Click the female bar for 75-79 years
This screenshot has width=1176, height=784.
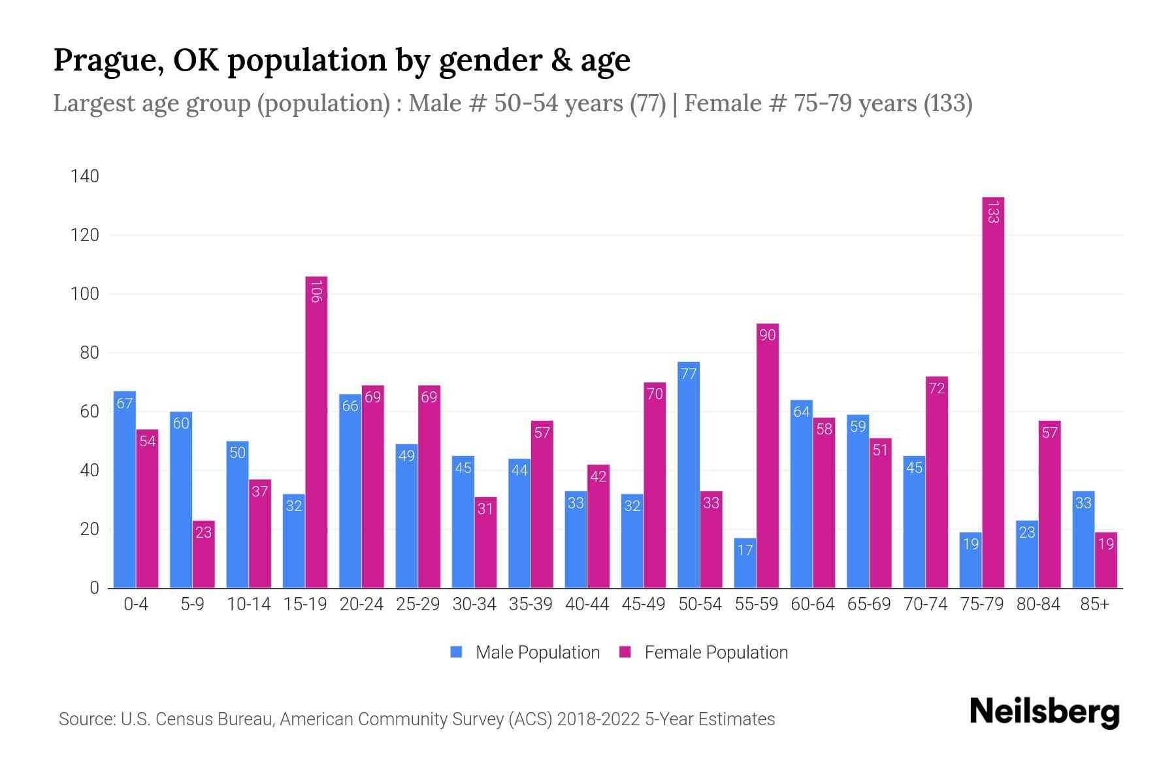992,392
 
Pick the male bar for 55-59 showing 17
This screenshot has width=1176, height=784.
745,563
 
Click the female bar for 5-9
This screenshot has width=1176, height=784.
204,555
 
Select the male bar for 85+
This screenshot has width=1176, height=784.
1083,540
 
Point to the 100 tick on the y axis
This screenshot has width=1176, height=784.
85,294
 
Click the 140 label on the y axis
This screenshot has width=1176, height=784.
85,176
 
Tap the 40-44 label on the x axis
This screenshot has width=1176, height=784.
587,604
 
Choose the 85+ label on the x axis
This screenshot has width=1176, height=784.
1094,604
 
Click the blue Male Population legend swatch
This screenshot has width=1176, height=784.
456,652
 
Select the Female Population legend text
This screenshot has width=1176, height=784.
715,653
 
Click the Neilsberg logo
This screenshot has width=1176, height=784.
1044,712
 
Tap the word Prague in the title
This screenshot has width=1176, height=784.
108,60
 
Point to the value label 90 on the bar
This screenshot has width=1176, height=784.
767,335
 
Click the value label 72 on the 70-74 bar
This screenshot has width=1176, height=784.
936,389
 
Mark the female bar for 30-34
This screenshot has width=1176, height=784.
485,542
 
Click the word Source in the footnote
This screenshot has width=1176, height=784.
86,719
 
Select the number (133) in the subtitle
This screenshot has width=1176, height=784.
948,103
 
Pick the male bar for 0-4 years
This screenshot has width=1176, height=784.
125,490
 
